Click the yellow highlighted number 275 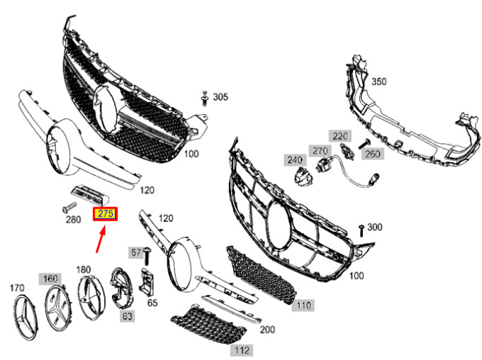[105, 213]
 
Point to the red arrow [101, 239]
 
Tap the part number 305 [221, 97]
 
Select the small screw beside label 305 [204, 99]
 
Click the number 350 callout [379, 82]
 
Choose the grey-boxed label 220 [340, 136]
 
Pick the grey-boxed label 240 [295, 159]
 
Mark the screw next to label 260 [364, 144]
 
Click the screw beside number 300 [361, 230]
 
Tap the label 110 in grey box [303, 305]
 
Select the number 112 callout [242, 350]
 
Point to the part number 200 [268, 329]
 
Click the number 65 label [152, 302]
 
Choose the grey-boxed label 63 [128, 316]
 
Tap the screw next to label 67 [147, 256]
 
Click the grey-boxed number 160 [50, 279]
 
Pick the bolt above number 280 [69, 206]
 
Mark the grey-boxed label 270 [320, 151]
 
